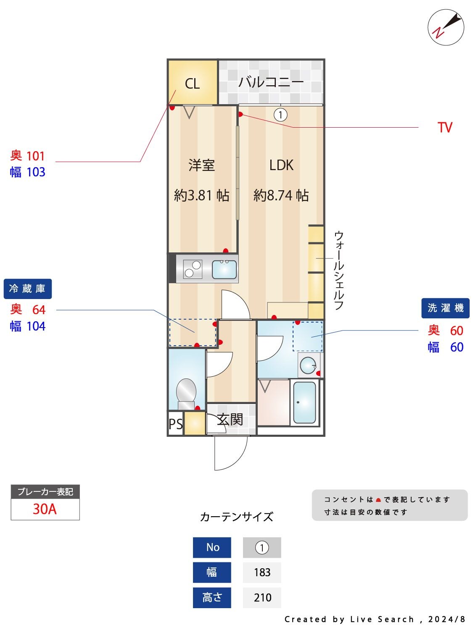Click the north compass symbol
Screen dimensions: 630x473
point(446,27)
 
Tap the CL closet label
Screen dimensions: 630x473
point(192,84)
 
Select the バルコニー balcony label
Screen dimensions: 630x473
point(271,81)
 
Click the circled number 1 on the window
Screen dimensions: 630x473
point(280,114)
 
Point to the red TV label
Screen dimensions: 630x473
point(444,128)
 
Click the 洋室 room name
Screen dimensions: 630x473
point(202,165)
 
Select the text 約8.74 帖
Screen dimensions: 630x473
point(281,195)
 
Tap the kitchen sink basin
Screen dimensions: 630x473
point(224,269)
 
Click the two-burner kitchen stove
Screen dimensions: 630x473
point(193,269)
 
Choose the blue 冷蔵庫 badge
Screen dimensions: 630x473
point(28,289)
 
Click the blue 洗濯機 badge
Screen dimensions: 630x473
point(445,308)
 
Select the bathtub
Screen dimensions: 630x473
point(304,402)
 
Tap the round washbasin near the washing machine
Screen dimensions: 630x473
point(309,365)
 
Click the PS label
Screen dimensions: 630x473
point(176,424)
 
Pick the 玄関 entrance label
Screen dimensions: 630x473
point(230,419)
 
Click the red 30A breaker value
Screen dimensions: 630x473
point(45,509)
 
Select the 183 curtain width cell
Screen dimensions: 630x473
point(262,572)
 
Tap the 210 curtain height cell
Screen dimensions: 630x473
point(262,597)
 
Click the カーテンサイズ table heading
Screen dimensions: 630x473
point(236,517)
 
